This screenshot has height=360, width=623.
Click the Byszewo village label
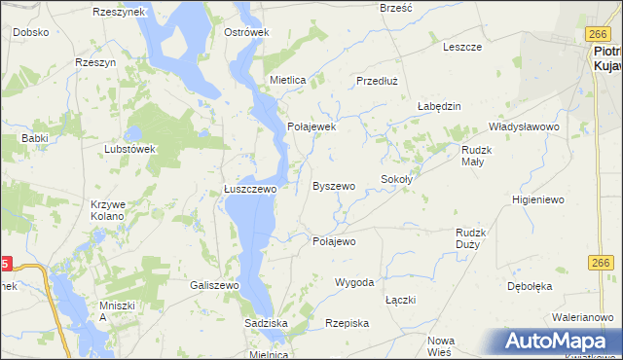pos(333,185)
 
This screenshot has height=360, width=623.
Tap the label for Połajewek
pos(311,126)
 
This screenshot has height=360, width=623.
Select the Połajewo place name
pos(333,241)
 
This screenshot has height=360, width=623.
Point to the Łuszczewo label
pos(251,190)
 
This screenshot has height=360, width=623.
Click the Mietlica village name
pos(288,81)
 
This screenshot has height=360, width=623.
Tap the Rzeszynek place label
pos(119,12)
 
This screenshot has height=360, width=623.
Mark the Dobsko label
pos(31,32)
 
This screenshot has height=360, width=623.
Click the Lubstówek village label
pos(130,150)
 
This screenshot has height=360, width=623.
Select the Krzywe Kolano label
pos(107,210)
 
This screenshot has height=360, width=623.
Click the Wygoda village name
pos(354,282)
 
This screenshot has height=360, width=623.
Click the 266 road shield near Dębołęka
pos(600,264)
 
